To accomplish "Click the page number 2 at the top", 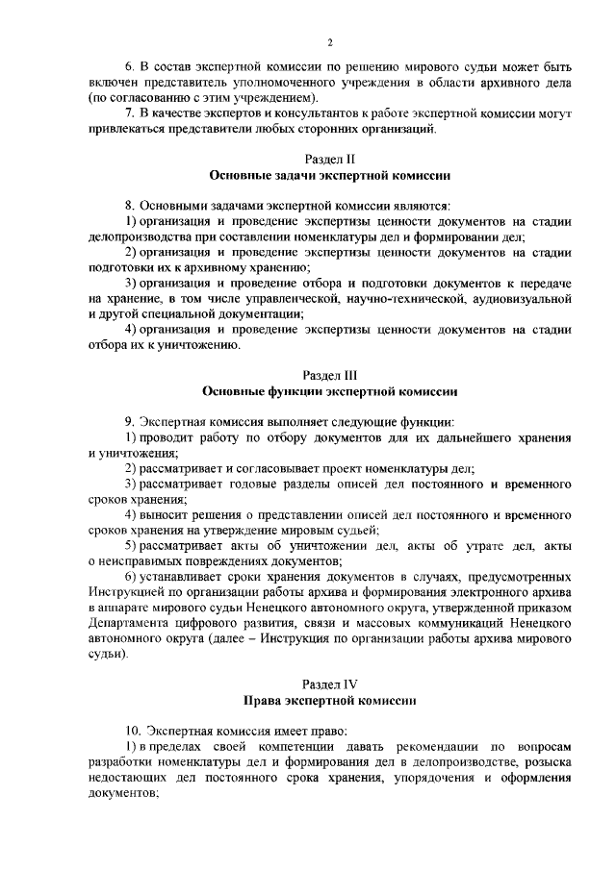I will [329, 42].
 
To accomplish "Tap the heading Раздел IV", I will [329, 684].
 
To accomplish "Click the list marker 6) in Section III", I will [132, 577].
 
